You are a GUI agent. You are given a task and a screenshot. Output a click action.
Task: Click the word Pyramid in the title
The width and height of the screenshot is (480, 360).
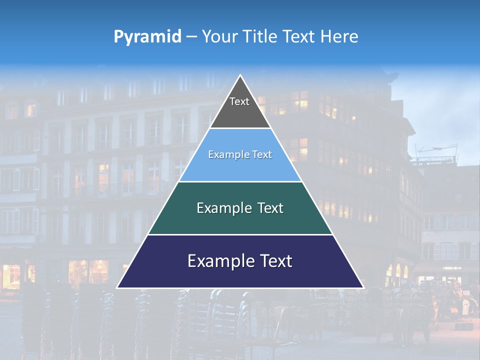coord(147,37)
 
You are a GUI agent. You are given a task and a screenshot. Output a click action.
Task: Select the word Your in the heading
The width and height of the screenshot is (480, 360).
coord(220,36)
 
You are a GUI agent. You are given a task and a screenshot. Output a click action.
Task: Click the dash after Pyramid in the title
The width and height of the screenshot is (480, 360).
coord(191,37)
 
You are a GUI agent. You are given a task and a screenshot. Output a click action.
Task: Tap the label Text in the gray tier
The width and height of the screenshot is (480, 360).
coord(239,101)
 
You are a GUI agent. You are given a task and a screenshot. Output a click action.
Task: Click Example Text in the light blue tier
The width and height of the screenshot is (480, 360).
coord(240,155)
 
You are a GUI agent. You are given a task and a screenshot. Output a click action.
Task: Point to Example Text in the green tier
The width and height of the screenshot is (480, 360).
coord(240,208)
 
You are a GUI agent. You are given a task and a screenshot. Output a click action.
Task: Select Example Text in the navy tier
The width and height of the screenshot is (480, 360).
coord(240,261)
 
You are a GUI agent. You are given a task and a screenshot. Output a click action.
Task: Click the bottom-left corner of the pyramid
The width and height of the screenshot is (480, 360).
coord(118,287)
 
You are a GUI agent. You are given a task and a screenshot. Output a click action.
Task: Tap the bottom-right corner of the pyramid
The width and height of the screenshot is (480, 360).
coord(362,287)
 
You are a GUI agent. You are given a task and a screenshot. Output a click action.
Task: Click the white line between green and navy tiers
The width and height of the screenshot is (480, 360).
coord(240,234)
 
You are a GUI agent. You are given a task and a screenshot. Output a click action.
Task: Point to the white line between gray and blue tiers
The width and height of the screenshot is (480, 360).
coord(240,128)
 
